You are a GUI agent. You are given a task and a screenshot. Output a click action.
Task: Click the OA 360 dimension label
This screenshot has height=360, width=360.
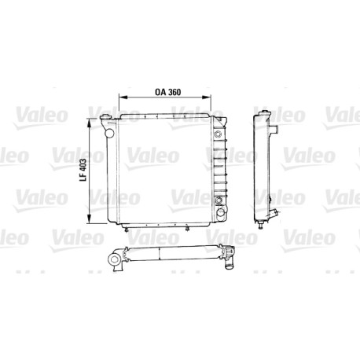click(x=167, y=92)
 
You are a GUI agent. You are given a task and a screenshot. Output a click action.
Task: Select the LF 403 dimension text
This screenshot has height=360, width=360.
click(x=83, y=171)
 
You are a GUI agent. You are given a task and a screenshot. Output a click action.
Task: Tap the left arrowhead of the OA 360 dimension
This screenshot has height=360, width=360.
click(x=123, y=97)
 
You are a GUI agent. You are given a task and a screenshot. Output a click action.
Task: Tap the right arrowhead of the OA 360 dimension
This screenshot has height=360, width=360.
click(x=207, y=97)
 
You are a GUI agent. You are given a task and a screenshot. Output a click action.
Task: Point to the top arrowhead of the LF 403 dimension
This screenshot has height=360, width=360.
click(x=90, y=123)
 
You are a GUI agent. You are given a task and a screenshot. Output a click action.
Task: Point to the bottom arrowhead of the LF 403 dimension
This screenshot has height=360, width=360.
click(x=90, y=219)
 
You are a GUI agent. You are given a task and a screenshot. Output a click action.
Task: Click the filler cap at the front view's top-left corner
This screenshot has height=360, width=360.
click(x=106, y=117)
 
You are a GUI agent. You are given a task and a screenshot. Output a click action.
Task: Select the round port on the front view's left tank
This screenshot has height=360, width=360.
click(x=109, y=133)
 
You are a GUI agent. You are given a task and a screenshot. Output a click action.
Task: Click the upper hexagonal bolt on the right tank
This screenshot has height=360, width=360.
click(x=217, y=134)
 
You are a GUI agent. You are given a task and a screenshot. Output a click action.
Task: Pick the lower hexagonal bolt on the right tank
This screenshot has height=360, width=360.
click(x=218, y=200)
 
